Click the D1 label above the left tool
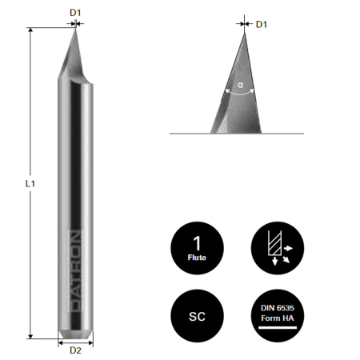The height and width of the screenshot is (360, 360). point(75,13)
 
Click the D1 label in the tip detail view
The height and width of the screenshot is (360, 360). point(260,25)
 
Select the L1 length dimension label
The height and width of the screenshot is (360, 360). point(29,183)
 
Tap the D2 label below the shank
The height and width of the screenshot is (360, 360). point(76,350)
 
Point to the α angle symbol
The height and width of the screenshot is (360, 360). point(240,83)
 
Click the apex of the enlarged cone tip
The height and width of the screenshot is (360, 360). point(243,32)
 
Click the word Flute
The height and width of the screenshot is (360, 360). point(197,257)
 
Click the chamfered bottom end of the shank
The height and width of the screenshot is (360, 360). point(76,331)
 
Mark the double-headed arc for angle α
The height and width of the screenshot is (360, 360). point(241,93)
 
